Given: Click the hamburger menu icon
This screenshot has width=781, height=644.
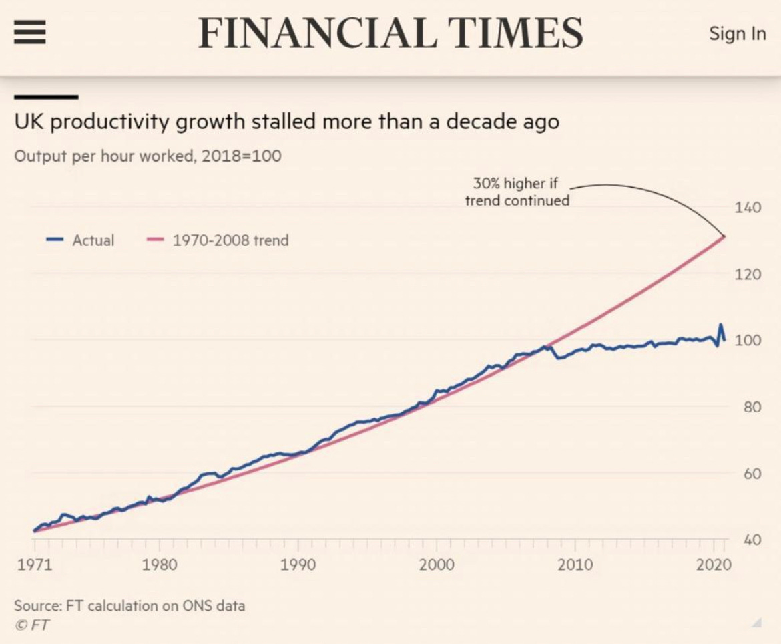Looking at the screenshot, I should (x=30, y=31).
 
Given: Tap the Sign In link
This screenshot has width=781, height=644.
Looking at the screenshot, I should (x=737, y=33).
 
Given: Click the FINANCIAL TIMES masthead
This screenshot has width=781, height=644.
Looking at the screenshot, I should (x=390, y=33).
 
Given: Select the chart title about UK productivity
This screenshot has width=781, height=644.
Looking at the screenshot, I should (x=287, y=122).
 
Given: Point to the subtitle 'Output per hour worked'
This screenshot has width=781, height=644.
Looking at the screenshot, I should (x=148, y=156).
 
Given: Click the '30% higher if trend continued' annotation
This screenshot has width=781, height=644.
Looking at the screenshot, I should (x=517, y=192).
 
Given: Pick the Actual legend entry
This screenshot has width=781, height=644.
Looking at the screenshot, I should (x=81, y=240).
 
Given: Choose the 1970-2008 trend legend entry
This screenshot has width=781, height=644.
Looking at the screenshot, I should (x=218, y=240).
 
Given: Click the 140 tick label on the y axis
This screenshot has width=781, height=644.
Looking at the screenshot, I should (x=748, y=208).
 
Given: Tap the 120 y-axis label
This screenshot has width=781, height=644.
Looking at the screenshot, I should (x=748, y=275).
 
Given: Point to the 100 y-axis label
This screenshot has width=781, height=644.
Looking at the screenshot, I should (x=748, y=341).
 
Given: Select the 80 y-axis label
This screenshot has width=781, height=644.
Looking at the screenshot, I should (x=750, y=408).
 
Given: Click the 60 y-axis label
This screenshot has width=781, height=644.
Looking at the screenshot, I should (x=750, y=474).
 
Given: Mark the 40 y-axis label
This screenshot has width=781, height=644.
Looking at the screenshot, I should (x=750, y=540).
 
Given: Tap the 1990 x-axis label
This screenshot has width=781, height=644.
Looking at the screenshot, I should (x=298, y=565).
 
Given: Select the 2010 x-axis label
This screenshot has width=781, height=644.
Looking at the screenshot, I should (x=575, y=565).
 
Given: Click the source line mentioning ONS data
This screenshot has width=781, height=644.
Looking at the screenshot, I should (x=129, y=606).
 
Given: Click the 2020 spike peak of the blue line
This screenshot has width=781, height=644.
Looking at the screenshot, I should (x=720, y=325).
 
